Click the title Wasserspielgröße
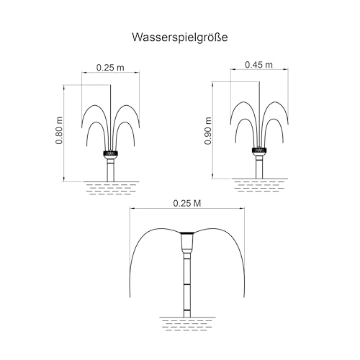tap(180, 37)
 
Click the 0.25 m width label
tap(110, 68)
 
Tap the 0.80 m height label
tap(59, 130)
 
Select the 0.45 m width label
tap(258, 65)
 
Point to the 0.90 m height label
tap(208, 131)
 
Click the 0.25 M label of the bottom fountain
tap(187, 204)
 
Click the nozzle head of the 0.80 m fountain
tap(110, 153)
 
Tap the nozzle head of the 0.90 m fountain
tap(259, 150)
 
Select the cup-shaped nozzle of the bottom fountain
tap(187, 243)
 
